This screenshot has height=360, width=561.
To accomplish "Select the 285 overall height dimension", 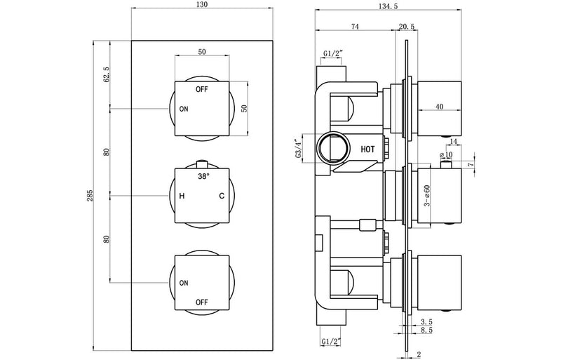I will coord(89,196).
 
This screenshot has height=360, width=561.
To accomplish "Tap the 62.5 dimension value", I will coord(107,74).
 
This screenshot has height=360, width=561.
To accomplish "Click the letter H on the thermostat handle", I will coord(182,196).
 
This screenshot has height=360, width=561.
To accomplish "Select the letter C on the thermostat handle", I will coord(222,196).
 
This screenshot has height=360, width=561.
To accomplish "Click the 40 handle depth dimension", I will coord(439,107).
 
